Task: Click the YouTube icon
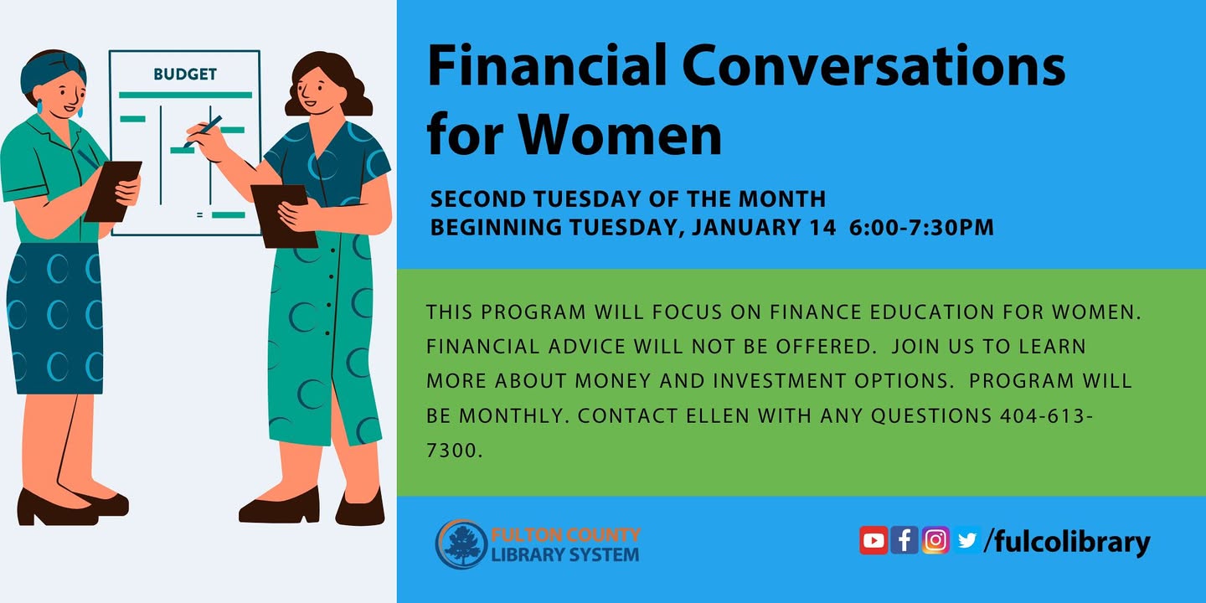pyautogui.click(x=874, y=540)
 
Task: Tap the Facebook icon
pyautogui.click(x=904, y=540)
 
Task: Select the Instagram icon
pyautogui.click(x=935, y=540)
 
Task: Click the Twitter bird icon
pyautogui.click(x=967, y=540)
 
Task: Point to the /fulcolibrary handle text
pyautogui.click(x=1067, y=542)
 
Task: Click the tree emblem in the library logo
pyautogui.click(x=462, y=544)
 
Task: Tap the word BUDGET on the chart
pyautogui.click(x=184, y=74)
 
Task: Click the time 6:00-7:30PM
pyautogui.click(x=921, y=227)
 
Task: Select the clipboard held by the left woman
pyautogui.click(x=113, y=191)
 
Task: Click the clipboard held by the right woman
pyautogui.click(x=284, y=216)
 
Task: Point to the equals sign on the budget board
pyautogui.click(x=199, y=214)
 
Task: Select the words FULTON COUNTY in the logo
pyautogui.click(x=565, y=535)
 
